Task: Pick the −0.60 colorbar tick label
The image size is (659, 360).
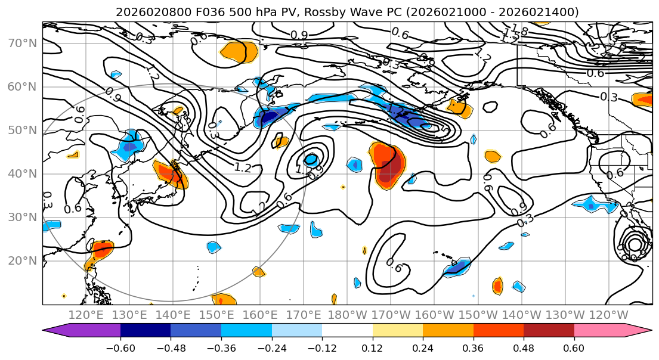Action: click(x=120, y=347)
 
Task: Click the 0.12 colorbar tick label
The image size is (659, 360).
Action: click(x=372, y=347)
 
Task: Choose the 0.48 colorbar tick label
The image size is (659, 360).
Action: click(x=524, y=347)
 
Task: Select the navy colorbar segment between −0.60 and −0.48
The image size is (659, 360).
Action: click(x=145, y=331)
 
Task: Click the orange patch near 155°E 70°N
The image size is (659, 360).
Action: click(x=240, y=52)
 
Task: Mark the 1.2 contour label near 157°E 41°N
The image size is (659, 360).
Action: click(x=243, y=167)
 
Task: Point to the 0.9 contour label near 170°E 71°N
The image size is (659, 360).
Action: click(x=299, y=35)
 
